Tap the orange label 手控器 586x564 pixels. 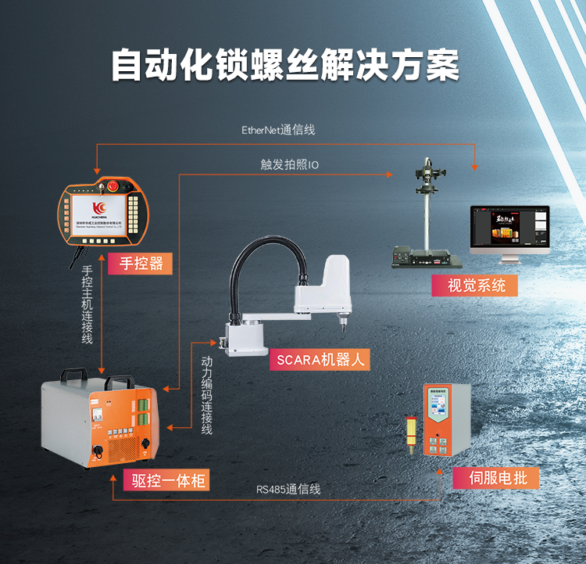(141, 263)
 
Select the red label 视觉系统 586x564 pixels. (476, 286)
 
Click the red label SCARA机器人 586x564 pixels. (320, 360)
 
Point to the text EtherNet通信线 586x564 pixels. (278, 130)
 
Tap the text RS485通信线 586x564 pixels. (288, 490)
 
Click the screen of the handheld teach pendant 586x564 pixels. (101, 214)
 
